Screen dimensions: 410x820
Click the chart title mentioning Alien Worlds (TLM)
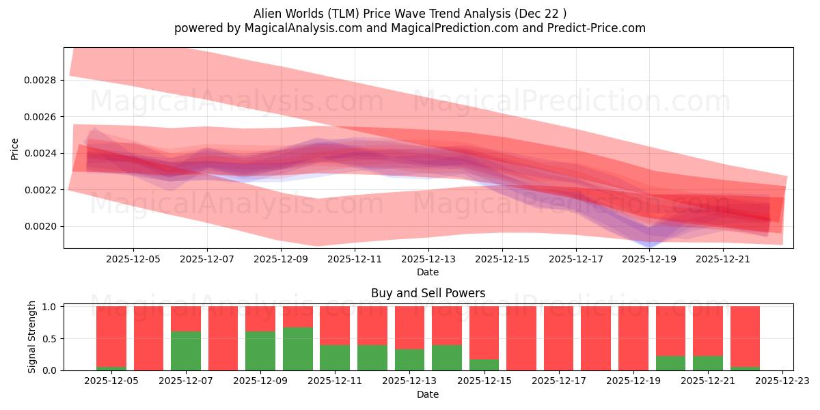click(409, 13)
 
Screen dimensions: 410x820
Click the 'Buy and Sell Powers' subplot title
click(428, 293)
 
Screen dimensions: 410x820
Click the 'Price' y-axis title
click(14, 148)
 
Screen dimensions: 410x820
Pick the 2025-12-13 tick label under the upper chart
click(428, 260)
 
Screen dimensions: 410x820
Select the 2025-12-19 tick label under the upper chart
click(649, 260)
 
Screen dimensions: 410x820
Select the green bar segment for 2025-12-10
click(297, 348)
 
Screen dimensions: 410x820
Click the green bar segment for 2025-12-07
click(186, 351)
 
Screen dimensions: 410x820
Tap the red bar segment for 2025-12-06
click(148, 338)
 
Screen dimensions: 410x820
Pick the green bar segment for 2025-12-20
click(670, 363)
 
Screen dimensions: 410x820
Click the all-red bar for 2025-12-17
click(558, 338)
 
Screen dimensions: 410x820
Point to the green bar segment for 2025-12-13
click(409, 359)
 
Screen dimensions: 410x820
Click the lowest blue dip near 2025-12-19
click(650, 245)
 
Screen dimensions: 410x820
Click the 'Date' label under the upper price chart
click(428, 272)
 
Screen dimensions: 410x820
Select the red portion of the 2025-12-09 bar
click(260, 318)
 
